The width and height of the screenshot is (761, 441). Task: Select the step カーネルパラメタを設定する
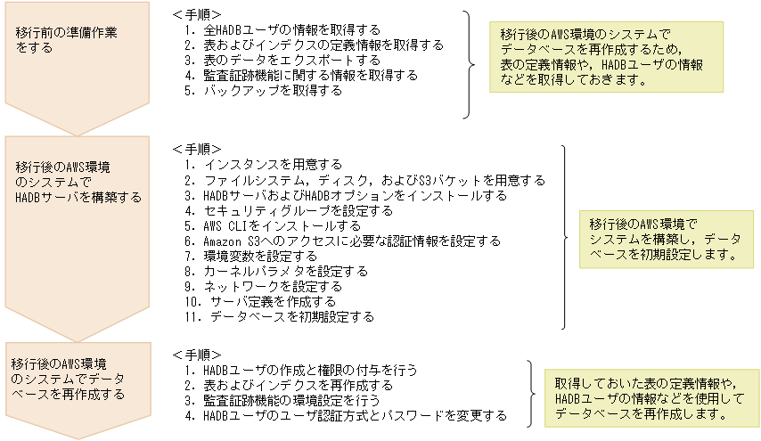point(276,271)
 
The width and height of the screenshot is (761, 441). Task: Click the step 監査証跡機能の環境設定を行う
point(289,400)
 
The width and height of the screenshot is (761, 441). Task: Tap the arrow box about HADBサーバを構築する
point(71,214)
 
